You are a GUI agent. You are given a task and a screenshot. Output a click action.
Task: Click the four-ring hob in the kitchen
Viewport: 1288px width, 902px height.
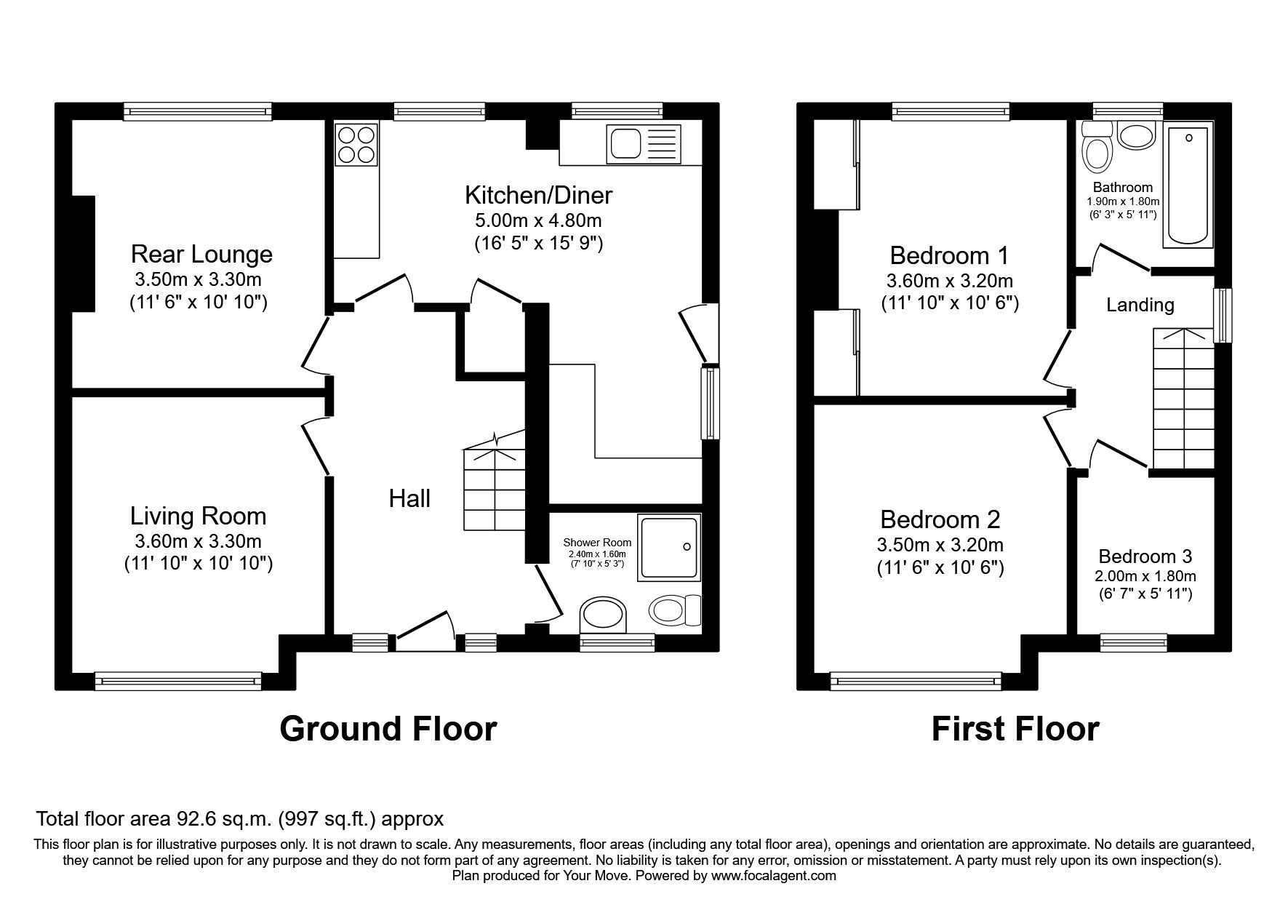tap(356, 144)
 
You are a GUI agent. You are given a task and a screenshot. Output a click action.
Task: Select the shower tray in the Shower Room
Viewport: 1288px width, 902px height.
tap(668, 548)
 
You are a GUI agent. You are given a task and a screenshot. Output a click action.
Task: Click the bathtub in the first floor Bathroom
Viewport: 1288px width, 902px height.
tap(1188, 185)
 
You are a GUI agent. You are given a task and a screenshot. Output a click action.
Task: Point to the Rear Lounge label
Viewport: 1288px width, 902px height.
tap(201, 254)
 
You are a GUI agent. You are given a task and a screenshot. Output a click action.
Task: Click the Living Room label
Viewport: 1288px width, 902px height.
tap(198, 516)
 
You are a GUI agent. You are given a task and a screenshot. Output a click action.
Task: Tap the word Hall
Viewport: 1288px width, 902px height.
tap(409, 498)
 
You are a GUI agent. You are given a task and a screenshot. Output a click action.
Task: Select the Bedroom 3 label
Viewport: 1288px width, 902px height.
tap(1145, 556)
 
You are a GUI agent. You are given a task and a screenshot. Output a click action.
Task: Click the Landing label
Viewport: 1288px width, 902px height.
tap(1140, 305)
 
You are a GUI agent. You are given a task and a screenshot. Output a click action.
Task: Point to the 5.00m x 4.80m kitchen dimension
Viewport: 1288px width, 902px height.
tap(538, 220)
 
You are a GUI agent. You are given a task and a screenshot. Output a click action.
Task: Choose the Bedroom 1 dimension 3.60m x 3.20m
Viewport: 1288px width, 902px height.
tap(949, 281)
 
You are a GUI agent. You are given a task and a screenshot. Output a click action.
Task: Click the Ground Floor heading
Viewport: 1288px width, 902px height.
tap(388, 728)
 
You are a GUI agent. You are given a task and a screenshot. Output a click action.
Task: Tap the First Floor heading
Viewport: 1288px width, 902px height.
tap(1015, 728)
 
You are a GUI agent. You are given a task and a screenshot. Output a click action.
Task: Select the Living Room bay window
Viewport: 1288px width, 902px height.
tap(177, 681)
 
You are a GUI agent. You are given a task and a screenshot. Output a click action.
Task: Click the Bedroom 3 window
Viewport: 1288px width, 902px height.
tap(1132, 642)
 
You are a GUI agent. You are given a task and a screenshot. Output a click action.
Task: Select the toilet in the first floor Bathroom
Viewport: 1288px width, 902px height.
tap(1096, 151)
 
